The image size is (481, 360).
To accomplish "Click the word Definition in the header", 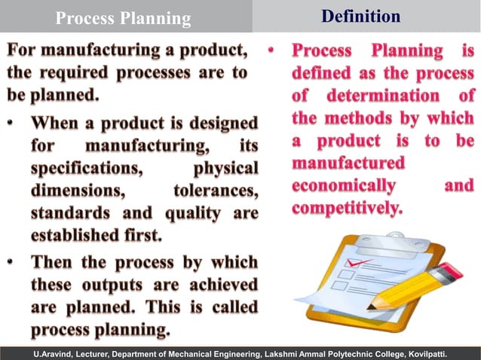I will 361,16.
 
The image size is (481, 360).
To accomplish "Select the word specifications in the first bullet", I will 83,167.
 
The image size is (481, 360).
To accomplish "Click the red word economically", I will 343,185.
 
